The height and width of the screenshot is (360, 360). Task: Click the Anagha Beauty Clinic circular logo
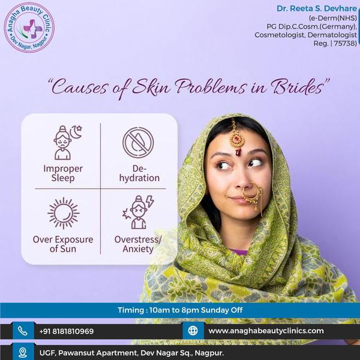tap(29, 27)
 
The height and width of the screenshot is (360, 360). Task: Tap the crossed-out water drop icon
tap(138, 143)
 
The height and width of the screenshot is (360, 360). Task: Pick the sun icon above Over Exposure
tap(63, 213)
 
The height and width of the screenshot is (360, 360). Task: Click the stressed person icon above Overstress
tap(137, 212)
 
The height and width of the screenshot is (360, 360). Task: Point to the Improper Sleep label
tap(63, 173)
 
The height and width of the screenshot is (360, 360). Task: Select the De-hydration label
tap(138, 173)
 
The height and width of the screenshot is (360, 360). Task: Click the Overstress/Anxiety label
tap(138, 244)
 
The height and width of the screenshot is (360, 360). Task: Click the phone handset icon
tap(22, 331)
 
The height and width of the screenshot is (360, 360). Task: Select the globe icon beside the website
tap(193, 331)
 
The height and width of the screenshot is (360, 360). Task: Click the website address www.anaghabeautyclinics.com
tap(266, 331)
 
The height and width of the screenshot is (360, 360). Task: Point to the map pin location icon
tap(22, 352)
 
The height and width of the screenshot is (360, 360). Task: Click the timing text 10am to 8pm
tap(179, 310)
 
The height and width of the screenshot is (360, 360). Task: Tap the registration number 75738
tap(344, 43)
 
